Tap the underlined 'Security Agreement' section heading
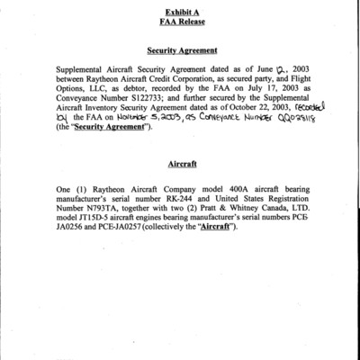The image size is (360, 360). click(x=181, y=54)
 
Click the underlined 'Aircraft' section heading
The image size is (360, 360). click(x=181, y=166)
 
